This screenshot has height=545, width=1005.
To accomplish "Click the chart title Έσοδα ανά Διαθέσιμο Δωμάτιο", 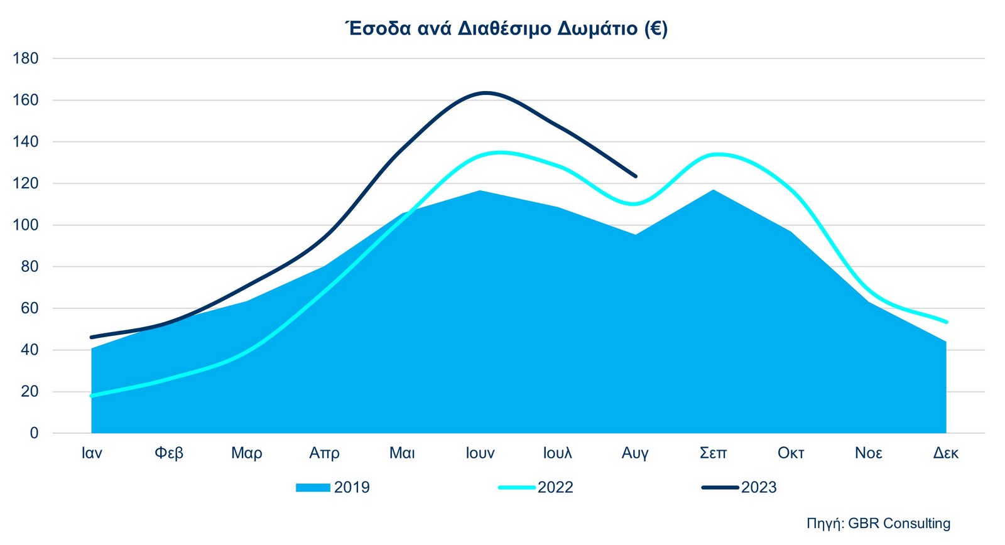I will point(506,29).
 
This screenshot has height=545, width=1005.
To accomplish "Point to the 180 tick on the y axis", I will point(26,58).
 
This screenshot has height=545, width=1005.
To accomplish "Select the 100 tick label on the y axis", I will point(26,225).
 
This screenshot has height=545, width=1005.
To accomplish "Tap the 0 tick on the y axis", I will point(34,433).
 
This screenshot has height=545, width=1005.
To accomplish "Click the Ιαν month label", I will point(92,453).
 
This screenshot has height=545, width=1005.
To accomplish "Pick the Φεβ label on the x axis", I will point(169,453).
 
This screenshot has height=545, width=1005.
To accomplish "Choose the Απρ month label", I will point(324,453).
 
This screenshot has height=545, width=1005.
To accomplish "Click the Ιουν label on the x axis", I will point(480,453).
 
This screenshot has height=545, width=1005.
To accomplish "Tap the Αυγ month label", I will point(635,453).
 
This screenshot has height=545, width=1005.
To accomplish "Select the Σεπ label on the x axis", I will point(713,453).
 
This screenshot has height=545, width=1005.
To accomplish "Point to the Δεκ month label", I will point(946,453).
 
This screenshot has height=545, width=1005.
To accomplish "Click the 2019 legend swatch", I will point(313,488).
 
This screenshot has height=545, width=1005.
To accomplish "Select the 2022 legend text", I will point(555,488).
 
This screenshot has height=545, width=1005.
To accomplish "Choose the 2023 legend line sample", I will point(720,488).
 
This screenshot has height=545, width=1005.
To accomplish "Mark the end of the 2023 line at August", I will point(636,176).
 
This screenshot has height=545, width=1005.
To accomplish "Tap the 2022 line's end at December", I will point(946,322).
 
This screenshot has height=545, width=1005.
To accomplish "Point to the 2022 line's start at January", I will point(92,396).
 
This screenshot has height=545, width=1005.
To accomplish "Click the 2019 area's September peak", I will point(714,190).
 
